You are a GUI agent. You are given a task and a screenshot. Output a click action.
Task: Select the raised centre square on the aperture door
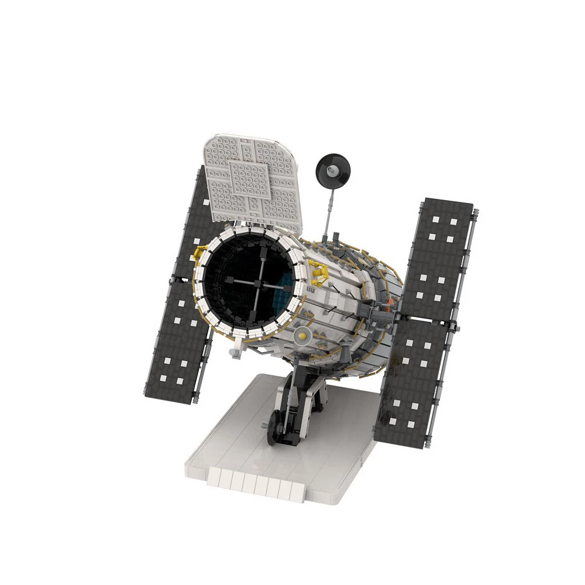click(x=250, y=179)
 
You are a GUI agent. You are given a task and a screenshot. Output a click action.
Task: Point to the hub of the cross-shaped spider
click(x=257, y=283)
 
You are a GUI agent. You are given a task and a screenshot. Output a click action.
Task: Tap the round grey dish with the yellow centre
click(x=302, y=335)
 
